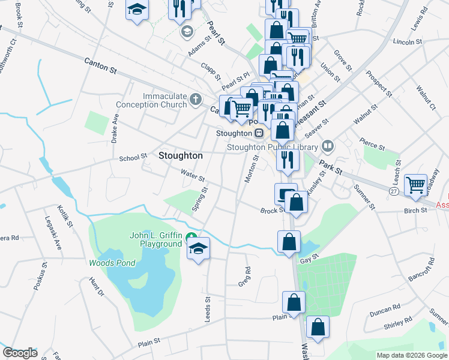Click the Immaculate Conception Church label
click(x=165, y=101)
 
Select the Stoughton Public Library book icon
click(x=328, y=145)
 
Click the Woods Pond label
click(x=112, y=263)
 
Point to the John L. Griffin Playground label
click(x=155, y=239)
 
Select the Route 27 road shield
click(x=393, y=191)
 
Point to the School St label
click(x=133, y=158)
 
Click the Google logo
click(x=20, y=353)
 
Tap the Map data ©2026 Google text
click(x=411, y=355)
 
